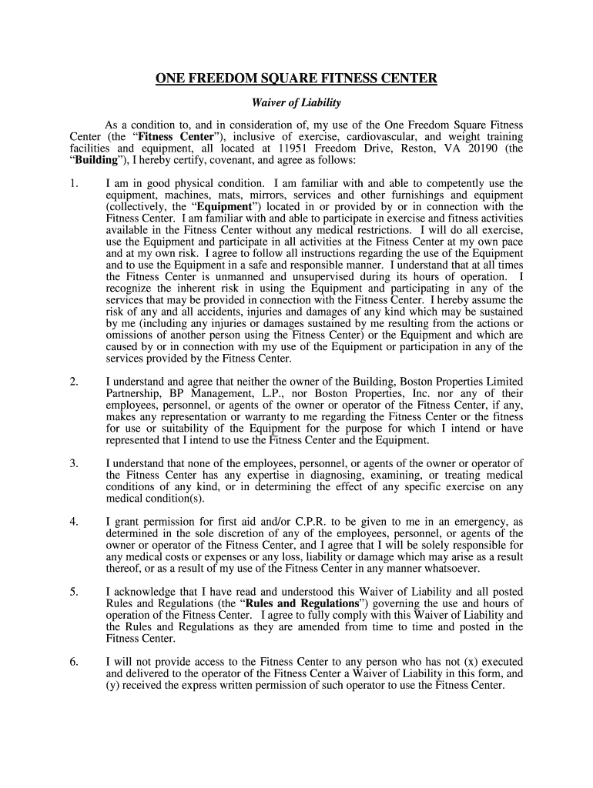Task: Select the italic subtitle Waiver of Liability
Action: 296,102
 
